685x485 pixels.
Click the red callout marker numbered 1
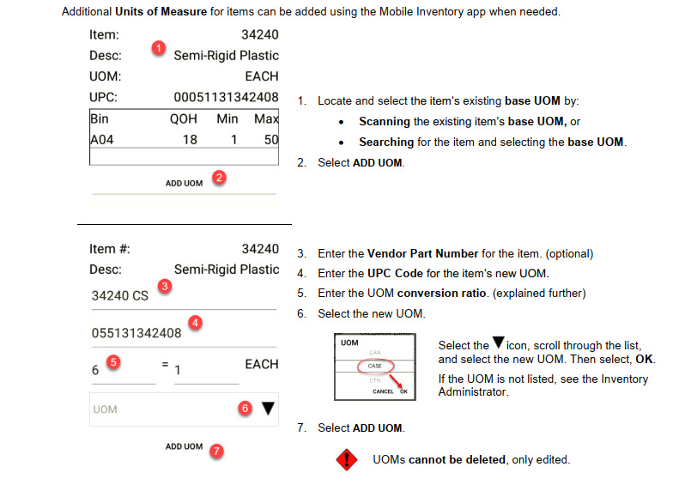159,47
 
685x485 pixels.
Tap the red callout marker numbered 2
219,178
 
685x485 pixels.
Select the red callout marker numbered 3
165,286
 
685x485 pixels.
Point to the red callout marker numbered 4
195,323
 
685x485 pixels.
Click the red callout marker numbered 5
113,361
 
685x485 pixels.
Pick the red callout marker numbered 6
246,408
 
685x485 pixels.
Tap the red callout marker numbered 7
216,451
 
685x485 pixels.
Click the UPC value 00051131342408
226,97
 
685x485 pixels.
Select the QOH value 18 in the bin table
190,140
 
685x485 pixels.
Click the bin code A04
102,140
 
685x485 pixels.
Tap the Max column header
266,118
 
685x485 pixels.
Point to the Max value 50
271,140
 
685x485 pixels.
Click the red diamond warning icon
347,459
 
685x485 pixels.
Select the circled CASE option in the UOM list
375,366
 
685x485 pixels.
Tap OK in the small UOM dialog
403,391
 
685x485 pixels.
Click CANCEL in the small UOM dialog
383,391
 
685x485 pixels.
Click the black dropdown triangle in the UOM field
268,409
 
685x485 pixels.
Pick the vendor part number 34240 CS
119,296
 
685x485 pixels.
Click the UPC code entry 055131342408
136,333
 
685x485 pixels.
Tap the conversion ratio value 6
95,371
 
